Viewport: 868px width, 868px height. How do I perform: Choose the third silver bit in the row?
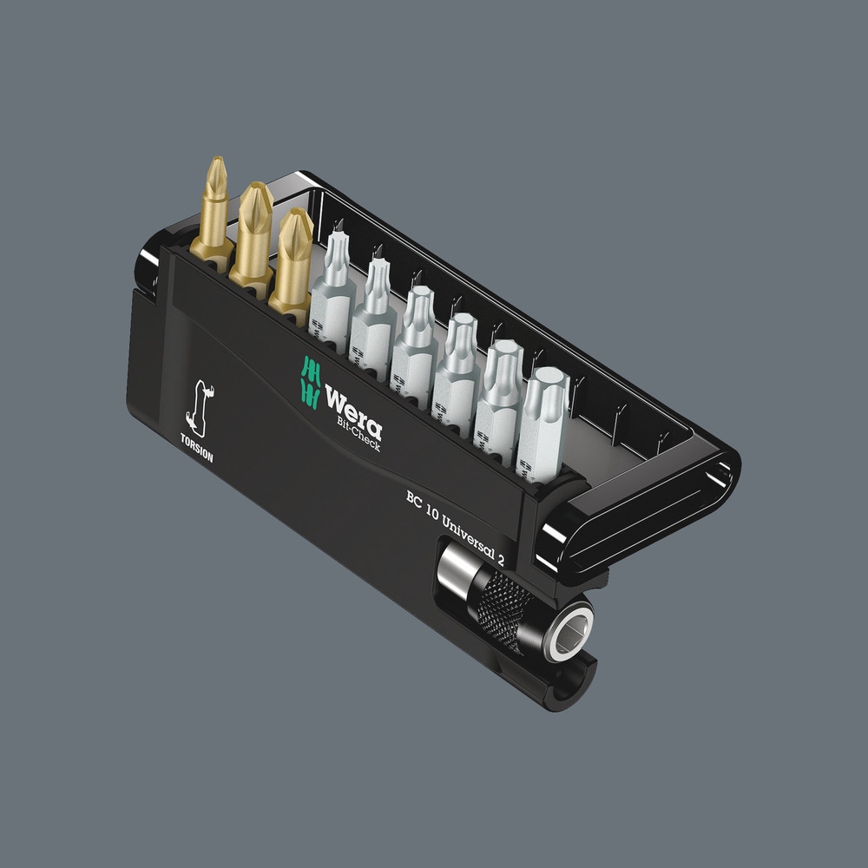415,334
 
